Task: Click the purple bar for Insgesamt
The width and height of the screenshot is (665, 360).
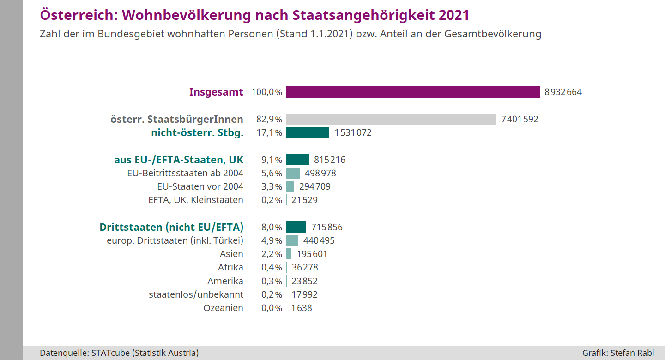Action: coord(412,92)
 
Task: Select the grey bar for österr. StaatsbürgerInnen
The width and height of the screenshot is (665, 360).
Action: coord(391,120)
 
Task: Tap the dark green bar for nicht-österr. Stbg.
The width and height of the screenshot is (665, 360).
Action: coord(307,133)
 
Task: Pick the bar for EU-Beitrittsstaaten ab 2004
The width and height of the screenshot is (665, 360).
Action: coord(293,174)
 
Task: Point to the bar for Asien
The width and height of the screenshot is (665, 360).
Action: coord(289,254)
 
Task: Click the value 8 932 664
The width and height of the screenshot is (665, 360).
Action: coord(563,92)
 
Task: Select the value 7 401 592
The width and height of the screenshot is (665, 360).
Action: coord(520,120)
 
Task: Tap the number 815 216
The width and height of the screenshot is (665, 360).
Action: coord(329,160)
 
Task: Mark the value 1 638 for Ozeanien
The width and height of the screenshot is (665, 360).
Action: coord(302,308)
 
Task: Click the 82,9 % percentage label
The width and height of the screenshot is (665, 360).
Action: coord(269,120)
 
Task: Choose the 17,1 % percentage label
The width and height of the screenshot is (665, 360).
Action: coord(269,133)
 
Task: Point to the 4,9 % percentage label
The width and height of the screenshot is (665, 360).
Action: coord(272,241)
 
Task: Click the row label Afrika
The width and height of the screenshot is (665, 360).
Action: coord(230,268)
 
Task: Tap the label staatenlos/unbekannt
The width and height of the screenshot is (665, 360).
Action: coord(196,294)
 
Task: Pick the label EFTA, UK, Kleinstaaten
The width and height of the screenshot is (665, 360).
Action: coord(195,200)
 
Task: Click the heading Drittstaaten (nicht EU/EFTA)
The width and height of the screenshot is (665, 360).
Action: coord(171,228)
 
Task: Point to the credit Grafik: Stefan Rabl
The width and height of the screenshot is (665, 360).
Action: coord(618,353)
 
